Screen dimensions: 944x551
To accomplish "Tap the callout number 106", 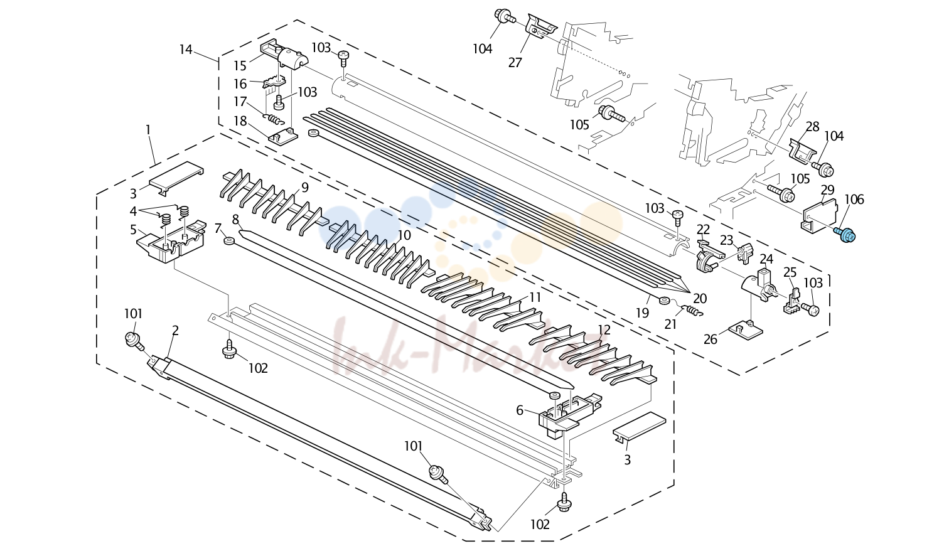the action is click(854, 200).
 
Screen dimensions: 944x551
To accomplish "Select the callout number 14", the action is click(186, 50).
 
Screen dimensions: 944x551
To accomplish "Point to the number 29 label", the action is click(828, 190).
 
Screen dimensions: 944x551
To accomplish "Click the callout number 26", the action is click(710, 339).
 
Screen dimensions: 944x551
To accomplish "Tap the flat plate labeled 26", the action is click(746, 331).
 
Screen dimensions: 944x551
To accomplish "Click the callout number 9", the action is click(304, 188).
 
